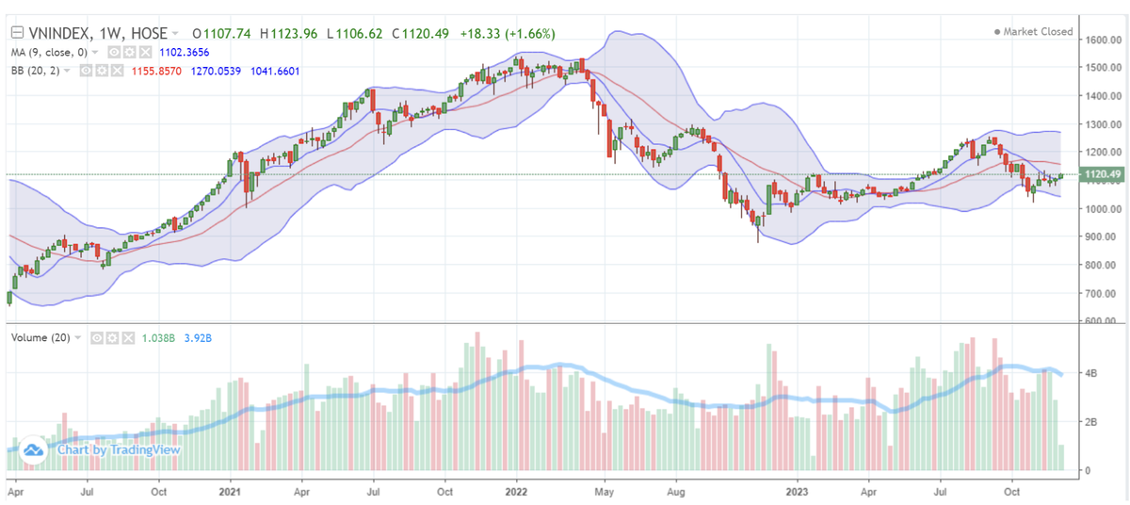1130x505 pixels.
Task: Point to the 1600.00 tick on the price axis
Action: point(1101,40)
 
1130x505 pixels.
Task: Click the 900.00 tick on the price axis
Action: point(1101,236)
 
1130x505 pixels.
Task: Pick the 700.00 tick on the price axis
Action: point(1101,293)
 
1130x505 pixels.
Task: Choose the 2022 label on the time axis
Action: point(516,491)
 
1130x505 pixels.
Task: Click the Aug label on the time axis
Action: point(675,491)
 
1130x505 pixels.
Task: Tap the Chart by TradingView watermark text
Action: point(118,449)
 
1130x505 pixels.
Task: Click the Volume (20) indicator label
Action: point(41,336)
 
